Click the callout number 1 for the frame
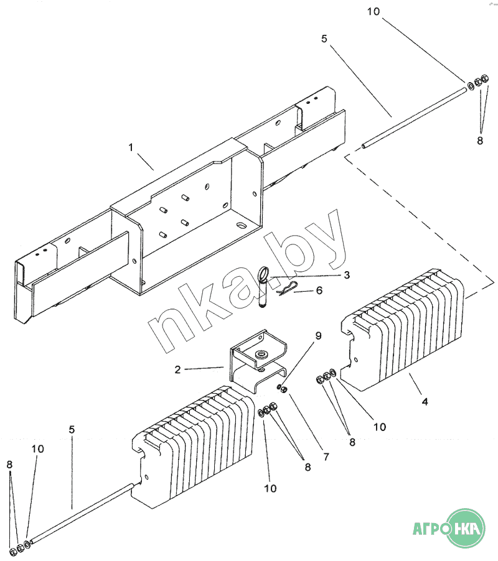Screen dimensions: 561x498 (131, 148)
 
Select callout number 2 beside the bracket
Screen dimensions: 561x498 (178, 369)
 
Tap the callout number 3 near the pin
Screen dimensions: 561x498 (347, 274)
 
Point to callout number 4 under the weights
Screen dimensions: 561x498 (425, 402)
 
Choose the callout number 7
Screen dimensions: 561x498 (326, 456)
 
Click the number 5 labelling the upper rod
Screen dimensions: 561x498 (324, 38)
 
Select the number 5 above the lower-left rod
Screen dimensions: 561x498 (72, 429)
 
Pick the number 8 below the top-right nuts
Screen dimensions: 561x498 (480, 141)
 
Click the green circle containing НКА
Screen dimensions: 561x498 (467, 529)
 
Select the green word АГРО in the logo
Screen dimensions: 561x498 (431, 530)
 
